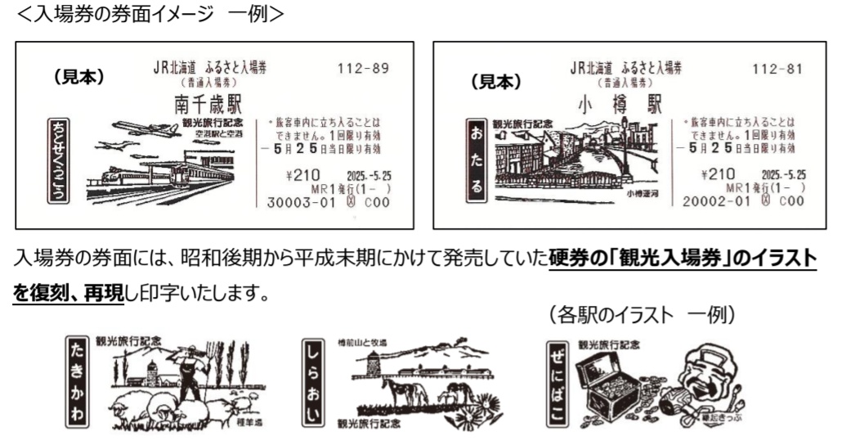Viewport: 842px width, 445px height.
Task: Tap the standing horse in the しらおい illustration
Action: coord(406,391)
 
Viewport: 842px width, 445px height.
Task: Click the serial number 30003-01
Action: coord(301,201)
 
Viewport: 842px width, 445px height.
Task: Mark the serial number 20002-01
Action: coord(715,201)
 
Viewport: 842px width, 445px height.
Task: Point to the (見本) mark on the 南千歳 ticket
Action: coord(80,77)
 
